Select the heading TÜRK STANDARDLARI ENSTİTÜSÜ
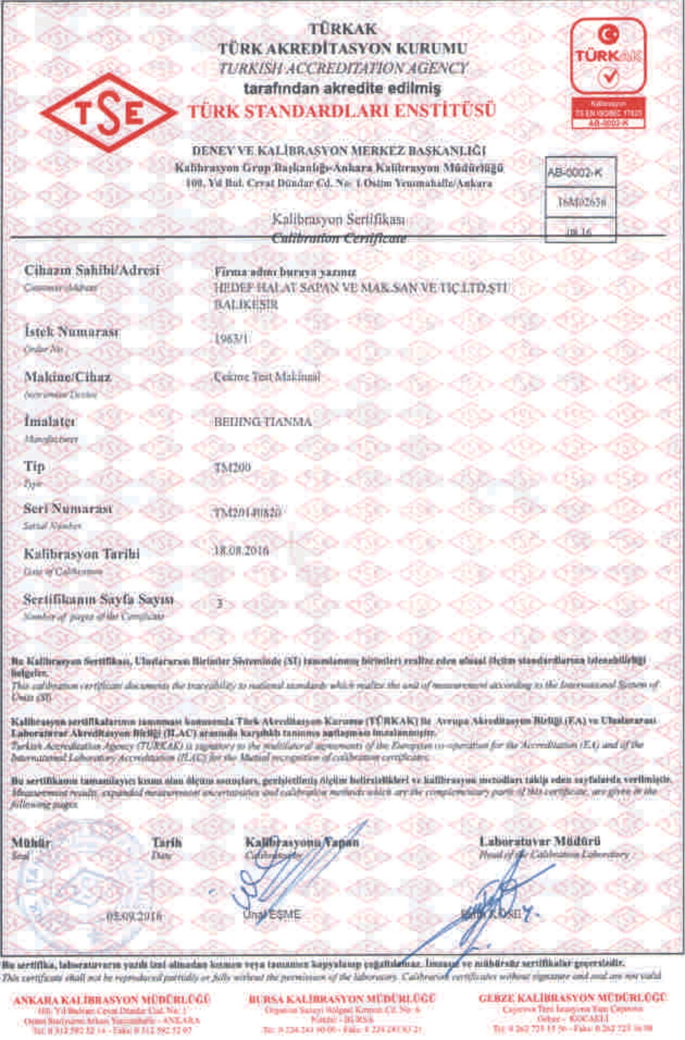pos(342,111)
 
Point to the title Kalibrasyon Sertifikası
pos(339,220)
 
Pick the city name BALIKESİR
pos(246,304)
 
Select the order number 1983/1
pos(232,338)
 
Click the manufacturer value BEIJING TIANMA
pos(263,422)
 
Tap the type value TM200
pos(232,467)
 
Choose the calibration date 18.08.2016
pos(241,551)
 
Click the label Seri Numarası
pos(68,508)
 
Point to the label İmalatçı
pos(50,421)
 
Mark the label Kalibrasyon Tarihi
pos(82,553)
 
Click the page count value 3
pos(220,603)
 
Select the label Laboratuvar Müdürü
pos(540,841)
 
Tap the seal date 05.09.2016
pos(134,916)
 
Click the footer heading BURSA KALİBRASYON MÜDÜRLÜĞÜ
pos(342,998)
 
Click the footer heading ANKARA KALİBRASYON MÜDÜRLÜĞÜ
pos(112,999)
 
